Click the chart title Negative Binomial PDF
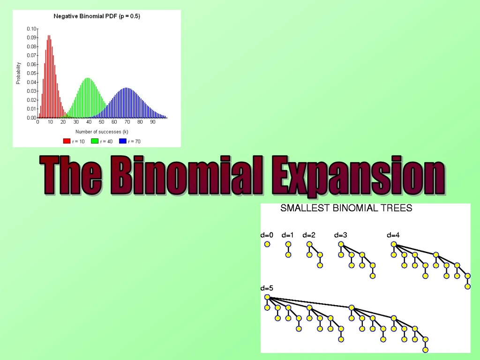pyautogui.click(x=97, y=16)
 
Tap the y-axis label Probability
pyautogui.click(x=18, y=73)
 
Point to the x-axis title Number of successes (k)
pyautogui.click(x=102, y=132)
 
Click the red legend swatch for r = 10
pyautogui.click(x=67, y=141)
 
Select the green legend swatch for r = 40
pyautogui.click(x=94, y=141)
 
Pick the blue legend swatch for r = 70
pyautogui.click(x=123, y=141)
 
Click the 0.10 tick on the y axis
pyautogui.click(x=31, y=29)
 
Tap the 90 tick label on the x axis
pyautogui.click(x=152, y=122)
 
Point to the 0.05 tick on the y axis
pyautogui.click(x=31, y=73)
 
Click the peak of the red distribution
pyautogui.click(x=49, y=36)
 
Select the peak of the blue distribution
pyautogui.click(x=126, y=89)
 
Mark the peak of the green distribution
pyautogui.click(x=88, y=79)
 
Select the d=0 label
pyautogui.click(x=267, y=235)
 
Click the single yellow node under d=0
pyautogui.click(x=267, y=244)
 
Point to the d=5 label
pyautogui.click(x=267, y=288)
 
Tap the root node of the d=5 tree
pyautogui.click(x=267, y=297)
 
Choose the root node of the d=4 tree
pyautogui.click(x=394, y=244)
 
